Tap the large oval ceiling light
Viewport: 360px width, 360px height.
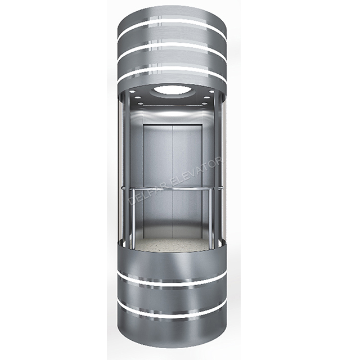point(172,89)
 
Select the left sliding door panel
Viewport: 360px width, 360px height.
point(157,169)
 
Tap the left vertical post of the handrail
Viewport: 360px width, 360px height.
point(132,217)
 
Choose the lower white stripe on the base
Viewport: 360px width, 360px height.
point(172,311)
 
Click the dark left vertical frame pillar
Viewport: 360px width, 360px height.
point(125,169)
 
